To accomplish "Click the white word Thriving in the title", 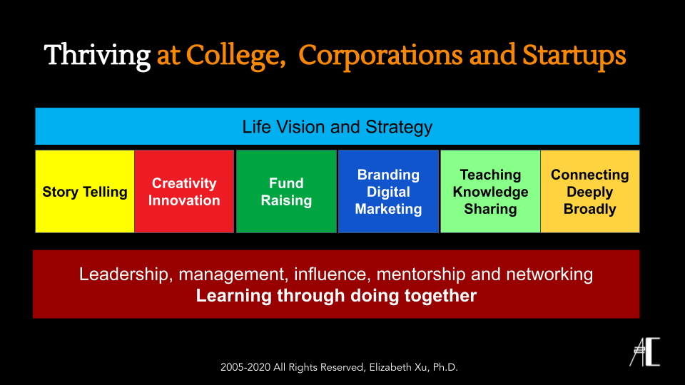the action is tap(98, 56).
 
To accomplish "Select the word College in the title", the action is tap(233, 56).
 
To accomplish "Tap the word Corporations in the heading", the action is tap(380, 56).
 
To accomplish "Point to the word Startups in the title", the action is tap(574, 56).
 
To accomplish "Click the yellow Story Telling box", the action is tap(85, 192).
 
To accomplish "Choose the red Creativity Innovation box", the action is tap(184, 192).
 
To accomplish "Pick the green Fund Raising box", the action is tap(286, 192).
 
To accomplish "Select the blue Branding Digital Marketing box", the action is tap(388, 192).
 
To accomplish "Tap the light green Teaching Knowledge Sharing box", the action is tap(490, 192).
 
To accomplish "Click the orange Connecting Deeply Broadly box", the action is tap(590, 192).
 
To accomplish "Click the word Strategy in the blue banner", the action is tap(399, 128).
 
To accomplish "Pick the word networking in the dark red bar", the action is tap(549, 274).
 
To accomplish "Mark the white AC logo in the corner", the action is tap(644, 351).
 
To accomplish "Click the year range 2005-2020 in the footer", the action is tap(245, 368).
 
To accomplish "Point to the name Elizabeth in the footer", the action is tap(390, 368).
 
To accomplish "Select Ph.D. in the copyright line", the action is tap(445, 368).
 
